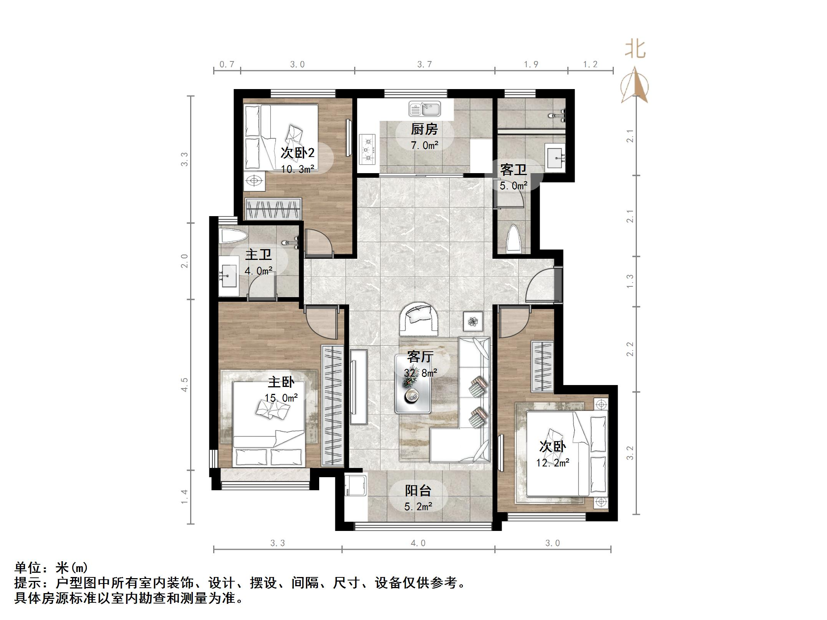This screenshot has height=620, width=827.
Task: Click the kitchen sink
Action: [x=424, y=109]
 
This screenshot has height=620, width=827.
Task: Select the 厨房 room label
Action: [x=424, y=129]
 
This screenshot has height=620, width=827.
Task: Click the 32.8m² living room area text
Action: [x=420, y=372]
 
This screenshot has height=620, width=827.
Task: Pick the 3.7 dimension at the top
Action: [x=424, y=64]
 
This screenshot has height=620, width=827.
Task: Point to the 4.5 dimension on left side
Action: [x=185, y=384]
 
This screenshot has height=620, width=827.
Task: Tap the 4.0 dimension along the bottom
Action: [x=418, y=543]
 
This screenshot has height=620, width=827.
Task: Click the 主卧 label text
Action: [x=281, y=382]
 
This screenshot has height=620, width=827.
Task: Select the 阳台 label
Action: [x=418, y=491]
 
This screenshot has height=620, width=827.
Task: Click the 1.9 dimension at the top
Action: [x=531, y=64]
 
